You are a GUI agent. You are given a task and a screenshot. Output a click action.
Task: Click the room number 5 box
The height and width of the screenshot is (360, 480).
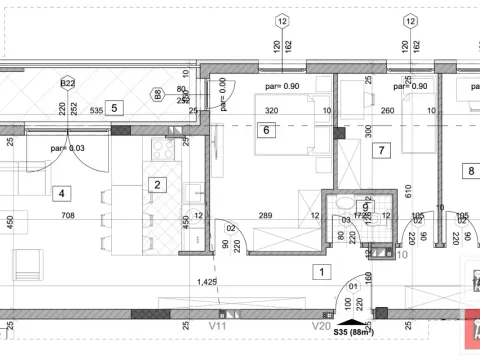(x=114, y=107)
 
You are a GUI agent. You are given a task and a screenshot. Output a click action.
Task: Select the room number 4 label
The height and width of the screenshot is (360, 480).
(x=61, y=193)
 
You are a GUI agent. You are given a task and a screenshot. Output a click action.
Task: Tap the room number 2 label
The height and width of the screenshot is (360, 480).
(x=157, y=183)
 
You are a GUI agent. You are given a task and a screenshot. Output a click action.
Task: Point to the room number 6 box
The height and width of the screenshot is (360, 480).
(x=265, y=129)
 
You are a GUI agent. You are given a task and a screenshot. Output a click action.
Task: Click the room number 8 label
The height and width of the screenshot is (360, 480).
(x=471, y=170)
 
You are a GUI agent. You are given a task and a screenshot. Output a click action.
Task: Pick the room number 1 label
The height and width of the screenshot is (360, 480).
(x=320, y=271)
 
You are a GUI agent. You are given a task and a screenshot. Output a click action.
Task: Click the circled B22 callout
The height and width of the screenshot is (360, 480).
(x=67, y=83)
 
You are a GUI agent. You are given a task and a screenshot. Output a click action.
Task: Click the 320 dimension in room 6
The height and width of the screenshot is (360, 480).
(x=264, y=111)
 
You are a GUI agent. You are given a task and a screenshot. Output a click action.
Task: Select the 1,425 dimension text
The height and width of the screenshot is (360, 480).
(x=207, y=283)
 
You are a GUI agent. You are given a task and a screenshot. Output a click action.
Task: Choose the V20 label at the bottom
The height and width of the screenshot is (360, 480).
(x=321, y=325)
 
